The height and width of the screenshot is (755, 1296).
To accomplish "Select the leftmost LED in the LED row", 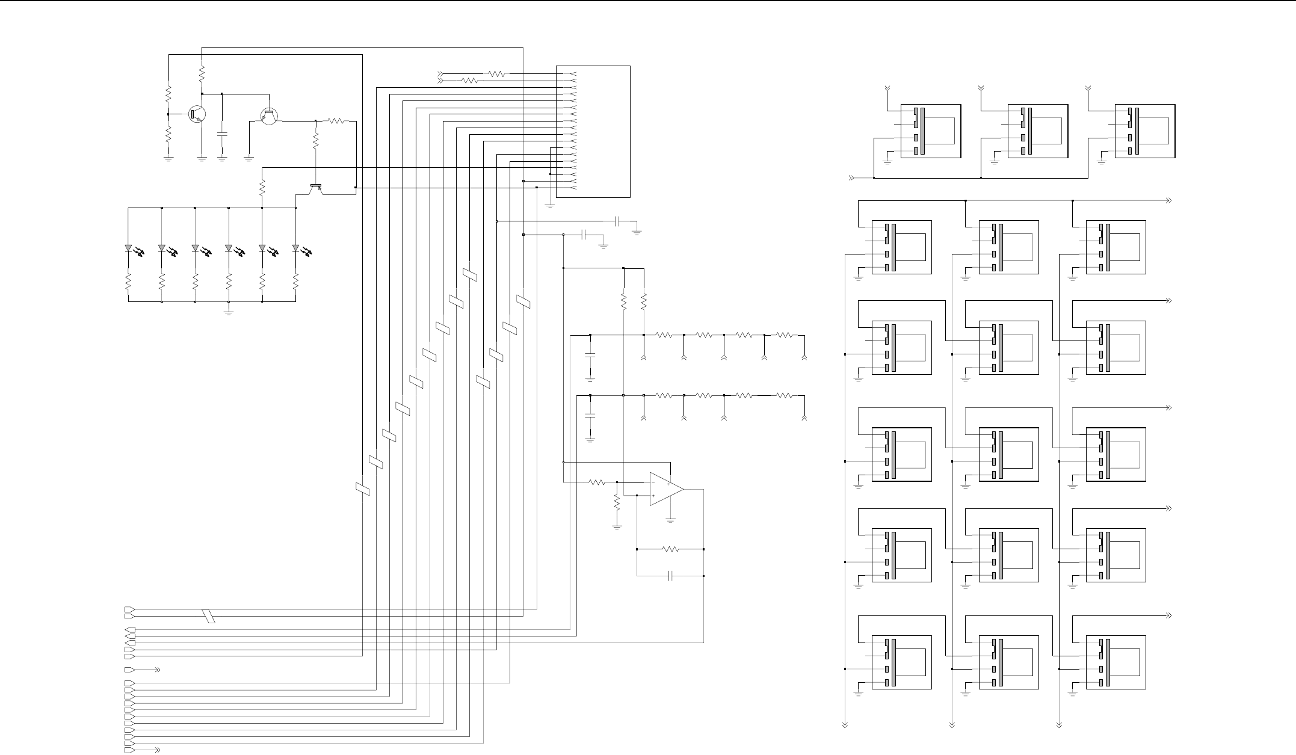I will click(x=128, y=248).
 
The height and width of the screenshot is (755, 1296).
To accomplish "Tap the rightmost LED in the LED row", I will click(x=295, y=248).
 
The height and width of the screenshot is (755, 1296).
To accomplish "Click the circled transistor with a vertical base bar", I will click(x=197, y=113).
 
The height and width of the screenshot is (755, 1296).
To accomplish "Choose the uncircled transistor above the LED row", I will click(x=315, y=188).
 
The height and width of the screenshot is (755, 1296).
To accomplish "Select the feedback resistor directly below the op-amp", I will click(x=670, y=549).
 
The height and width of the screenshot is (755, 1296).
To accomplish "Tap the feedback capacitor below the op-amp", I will click(x=670, y=576).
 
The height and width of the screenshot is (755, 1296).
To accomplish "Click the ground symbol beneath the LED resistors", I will click(x=229, y=312).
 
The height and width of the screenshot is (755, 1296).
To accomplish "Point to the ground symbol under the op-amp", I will click(x=671, y=519).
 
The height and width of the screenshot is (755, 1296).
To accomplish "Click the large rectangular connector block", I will click(x=593, y=131).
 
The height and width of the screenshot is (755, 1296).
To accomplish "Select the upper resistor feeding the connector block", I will click(x=497, y=74).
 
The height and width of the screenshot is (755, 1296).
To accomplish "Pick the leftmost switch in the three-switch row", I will click(x=930, y=132).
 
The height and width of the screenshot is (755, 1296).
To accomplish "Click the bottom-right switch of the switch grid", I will click(x=1115, y=662).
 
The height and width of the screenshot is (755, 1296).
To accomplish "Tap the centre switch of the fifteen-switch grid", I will click(x=1008, y=454).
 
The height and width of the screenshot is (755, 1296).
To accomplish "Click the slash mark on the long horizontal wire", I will click(x=209, y=616).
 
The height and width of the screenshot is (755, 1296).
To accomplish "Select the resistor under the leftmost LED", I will click(x=128, y=282).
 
